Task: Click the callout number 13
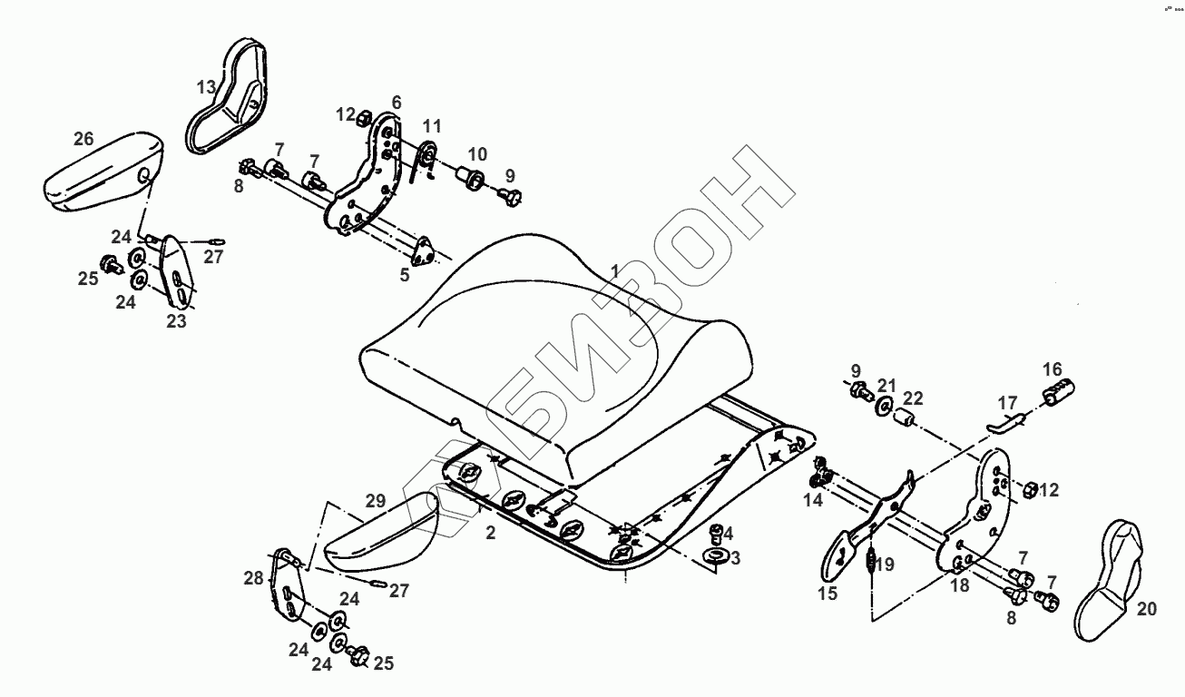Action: pos(207,87)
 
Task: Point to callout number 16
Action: pos(1052,369)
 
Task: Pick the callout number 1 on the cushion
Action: pos(614,271)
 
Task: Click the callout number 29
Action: pos(377,500)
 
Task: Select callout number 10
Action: pos(477,152)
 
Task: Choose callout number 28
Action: pos(252,578)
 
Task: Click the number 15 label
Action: pos(828,594)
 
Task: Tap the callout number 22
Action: pos(913,398)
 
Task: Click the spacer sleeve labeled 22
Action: pos(904,419)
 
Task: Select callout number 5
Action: pos(405,274)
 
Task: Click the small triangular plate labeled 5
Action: pos(423,250)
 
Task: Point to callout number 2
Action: pos(491,533)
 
